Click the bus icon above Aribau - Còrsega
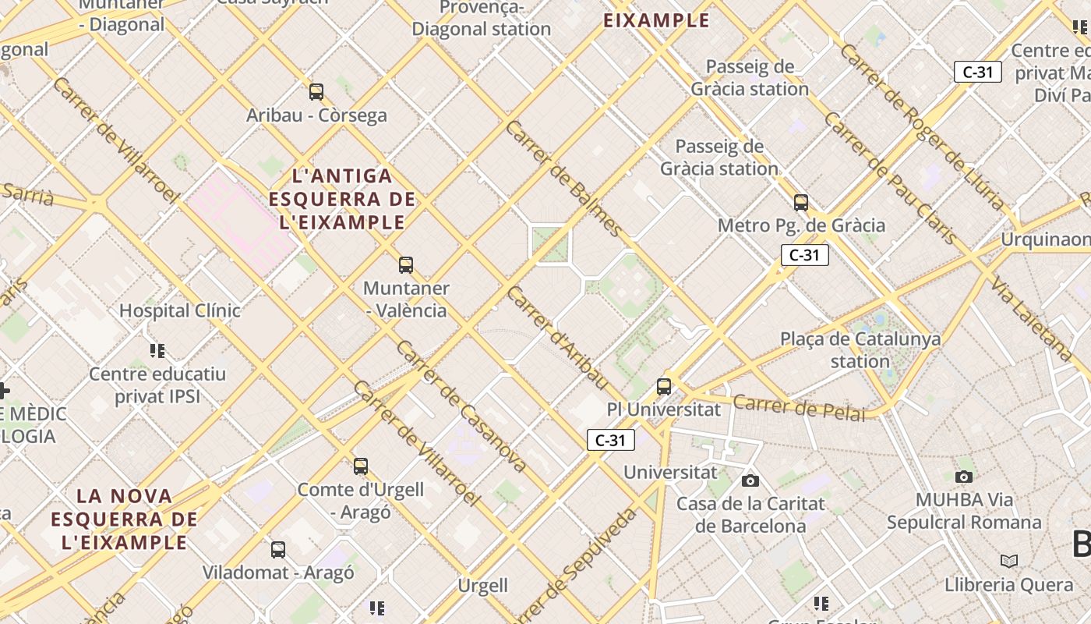tap(316, 91)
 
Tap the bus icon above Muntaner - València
tap(406, 264)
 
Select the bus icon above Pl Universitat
tap(664, 386)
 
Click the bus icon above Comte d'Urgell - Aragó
tap(361, 466)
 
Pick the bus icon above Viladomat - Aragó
tap(278, 549)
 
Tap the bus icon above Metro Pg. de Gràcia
tap(801, 203)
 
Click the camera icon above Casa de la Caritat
tap(750, 480)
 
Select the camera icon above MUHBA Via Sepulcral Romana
tap(964, 477)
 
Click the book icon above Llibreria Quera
tap(1009, 561)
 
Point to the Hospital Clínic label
tap(180, 310)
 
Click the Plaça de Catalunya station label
tap(860, 350)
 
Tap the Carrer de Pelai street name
tap(800, 408)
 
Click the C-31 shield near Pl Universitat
tap(611, 440)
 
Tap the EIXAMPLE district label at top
tap(657, 20)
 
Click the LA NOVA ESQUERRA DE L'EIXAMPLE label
tap(125, 519)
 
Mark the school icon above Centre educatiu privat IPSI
tap(157, 351)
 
